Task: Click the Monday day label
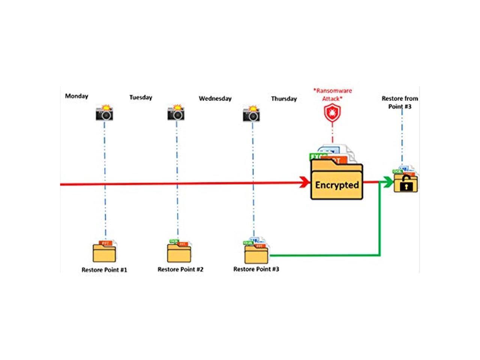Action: click(76, 96)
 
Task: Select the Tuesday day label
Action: click(141, 97)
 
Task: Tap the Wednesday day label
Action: click(215, 99)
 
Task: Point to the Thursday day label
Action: click(284, 99)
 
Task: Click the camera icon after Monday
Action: click(104, 113)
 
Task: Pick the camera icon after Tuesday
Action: click(176, 113)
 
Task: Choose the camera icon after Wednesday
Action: click(252, 114)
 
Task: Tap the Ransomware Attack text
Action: click(332, 94)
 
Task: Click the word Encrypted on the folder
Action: click(337, 185)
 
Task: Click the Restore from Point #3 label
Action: click(400, 102)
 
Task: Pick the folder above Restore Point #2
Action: click(179, 252)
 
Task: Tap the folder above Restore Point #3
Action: click(256, 252)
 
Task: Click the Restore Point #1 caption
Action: click(104, 270)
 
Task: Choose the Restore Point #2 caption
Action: click(180, 269)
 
